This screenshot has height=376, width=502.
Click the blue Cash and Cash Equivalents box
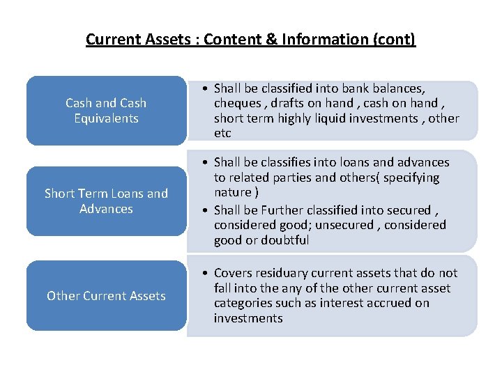point(106,111)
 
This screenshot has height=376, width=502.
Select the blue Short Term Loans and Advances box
point(106,201)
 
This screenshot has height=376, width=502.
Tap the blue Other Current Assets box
point(106,296)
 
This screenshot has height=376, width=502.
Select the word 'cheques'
point(236,104)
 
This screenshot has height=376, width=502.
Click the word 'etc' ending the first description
point(222,134)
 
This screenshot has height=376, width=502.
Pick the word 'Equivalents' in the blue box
point(106,118)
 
